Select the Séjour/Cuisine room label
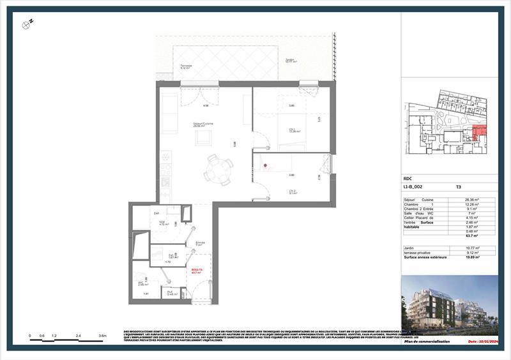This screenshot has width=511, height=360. [204, 124]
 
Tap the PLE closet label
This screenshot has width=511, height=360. [171, 293]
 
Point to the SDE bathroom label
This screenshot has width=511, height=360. [163, 223]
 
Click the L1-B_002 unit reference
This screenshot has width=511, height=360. [414, 188]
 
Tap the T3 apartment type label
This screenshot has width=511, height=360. [458, 188]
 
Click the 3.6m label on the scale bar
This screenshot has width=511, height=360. [102, 335]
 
